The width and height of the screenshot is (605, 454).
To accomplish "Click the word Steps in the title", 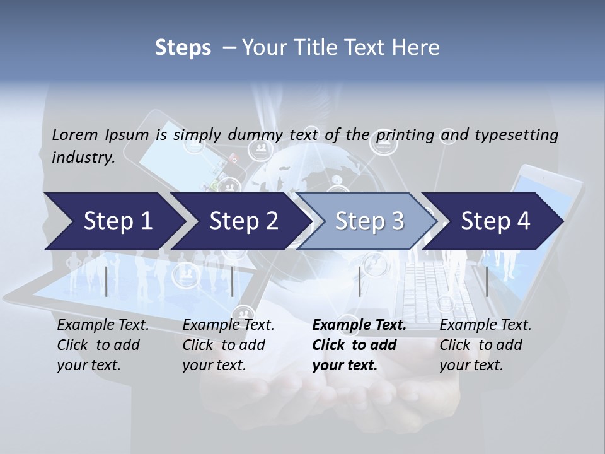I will [x=183, y=47].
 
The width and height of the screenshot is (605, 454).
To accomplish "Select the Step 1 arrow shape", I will [x=113, y=221].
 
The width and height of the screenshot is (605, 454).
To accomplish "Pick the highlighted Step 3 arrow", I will [x=369, y=221].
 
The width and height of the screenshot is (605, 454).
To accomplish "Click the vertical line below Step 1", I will [x=107, y=281].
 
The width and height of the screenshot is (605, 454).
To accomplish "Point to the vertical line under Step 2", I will [x=233, y=281].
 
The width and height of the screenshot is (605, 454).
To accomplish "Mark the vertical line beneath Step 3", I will [x=359, y=281].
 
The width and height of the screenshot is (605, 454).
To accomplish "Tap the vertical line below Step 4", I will [x=487, y=281].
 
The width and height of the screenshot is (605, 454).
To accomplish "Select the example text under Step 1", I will [x=103, y=345].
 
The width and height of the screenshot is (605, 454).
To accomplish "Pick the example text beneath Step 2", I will [x=228, y=345].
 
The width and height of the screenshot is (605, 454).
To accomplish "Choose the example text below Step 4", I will [x=485, y=345].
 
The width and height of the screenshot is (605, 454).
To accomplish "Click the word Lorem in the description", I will [x=74, y=134].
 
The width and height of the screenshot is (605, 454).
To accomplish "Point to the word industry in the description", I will [x=83, y=157].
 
